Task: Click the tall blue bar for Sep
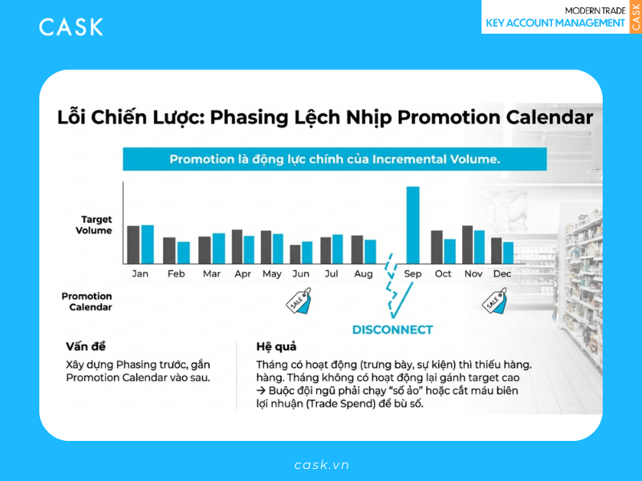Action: pyautogui.click(x=412, y=225)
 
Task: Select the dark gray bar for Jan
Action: pyautogui.click(x=133, y=245)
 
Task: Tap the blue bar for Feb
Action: pyautogui.click(x=183, y=253)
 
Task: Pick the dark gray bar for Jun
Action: pyautogui.click(x=295, y=254)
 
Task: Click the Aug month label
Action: pyautogui.click(x=364, y=274)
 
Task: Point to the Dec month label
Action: pyautogui.click(x=502, y=274)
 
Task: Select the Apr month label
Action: pyautogui.click(x=242, y=274)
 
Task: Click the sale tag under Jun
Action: pyautogui.click(x=300, y=299)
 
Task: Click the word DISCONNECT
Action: pyautogui.click(x=392, y=329)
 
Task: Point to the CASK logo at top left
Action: pyautogui.click(x=71, y=27)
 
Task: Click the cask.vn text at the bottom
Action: pyautogui.click(x=321, y=465)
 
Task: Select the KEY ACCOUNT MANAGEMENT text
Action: pyautogui.click(x=555, y=23)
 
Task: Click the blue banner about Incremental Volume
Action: pyautogui.click(x=335, y=160)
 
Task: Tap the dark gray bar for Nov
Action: pyautogui.click(x=467, y=245)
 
